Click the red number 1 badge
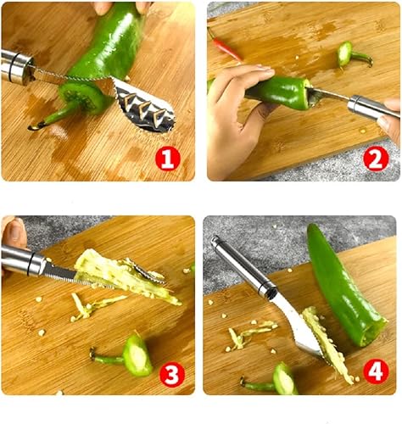167,159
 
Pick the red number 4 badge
376,371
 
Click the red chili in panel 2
226,46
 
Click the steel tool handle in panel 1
17,67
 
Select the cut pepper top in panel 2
348,53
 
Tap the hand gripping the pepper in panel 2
233,106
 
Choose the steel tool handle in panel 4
242,267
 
